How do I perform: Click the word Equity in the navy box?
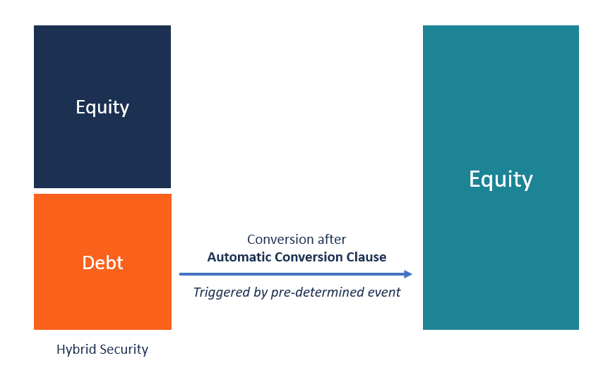[102, 107]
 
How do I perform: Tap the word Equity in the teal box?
[501, 179]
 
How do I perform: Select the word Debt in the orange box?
[102, 263]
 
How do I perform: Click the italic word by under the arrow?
[259, 292]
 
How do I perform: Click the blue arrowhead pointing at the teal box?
[408, 274]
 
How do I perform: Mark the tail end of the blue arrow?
[181, 274]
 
